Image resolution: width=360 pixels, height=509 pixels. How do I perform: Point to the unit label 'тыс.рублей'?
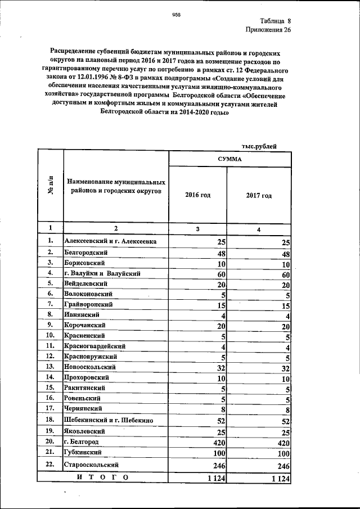[x=259, y=146]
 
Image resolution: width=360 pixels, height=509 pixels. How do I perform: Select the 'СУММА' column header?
[x=230, y=159]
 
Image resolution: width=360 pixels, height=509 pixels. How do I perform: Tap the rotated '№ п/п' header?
[x=51, y=186]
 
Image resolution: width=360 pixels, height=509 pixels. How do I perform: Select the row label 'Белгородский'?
[x=85, y=253]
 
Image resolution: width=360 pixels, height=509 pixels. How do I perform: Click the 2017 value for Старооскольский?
[x=281, y=466]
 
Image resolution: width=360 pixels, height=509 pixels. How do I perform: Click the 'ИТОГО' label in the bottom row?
[x=103, y=478]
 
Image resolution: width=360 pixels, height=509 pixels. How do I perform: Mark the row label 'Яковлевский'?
[x=84, y=431]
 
